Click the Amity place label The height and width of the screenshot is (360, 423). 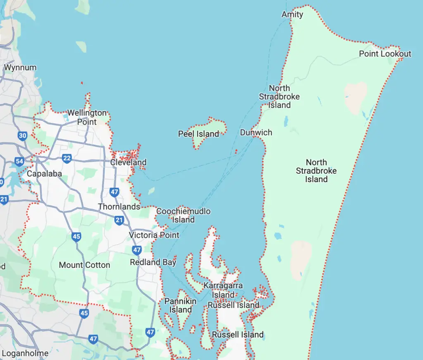[292, 15]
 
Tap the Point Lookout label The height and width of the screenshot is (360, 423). [385, 54]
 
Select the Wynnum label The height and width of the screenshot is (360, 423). [20, 67]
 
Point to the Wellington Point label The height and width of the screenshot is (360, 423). [87, 117]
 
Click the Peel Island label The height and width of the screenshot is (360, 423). [198, 134]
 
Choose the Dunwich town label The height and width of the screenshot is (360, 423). [256, 133]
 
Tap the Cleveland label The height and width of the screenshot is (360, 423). [128, 162]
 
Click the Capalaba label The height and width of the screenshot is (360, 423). [44, 173]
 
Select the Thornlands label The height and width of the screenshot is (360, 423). [119, 206]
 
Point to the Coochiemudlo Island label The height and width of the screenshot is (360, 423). [183, 216]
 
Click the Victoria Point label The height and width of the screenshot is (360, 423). [154, 235]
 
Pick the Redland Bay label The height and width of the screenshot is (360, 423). [153, 262]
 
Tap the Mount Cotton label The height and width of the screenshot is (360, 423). [84, 265]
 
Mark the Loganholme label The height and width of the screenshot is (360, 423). [25, 353]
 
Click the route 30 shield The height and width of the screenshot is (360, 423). [23, 135]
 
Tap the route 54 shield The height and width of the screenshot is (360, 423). [19, 161]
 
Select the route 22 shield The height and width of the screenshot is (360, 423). [67, 158]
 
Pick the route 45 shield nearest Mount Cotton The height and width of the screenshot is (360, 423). [76, 237]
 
